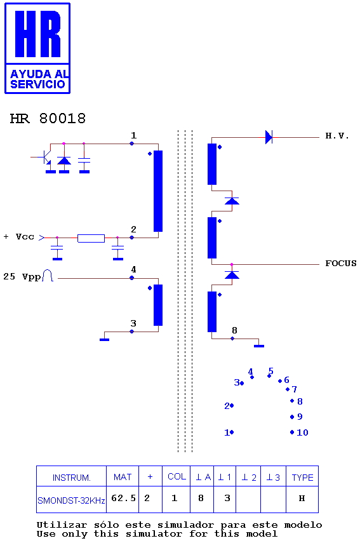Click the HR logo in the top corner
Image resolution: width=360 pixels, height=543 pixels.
click(x=37, y=48)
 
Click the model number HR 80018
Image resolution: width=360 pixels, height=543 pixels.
click(x=48, y=118)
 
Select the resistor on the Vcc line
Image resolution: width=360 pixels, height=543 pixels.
click(x=91, y=238)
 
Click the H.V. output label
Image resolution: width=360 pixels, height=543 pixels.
click(x=337, y=136)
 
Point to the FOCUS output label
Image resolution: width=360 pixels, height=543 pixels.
click(x=340, y=263)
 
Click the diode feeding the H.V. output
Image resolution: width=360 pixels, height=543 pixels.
click(x=269, y=137)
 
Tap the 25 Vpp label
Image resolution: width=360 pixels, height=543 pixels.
click(x=22, y=276)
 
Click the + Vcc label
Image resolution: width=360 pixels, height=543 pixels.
click(x=19, y=237)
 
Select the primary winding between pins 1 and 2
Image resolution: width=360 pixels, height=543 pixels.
click(x=158, y=191)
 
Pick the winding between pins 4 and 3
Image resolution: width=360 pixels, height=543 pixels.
click(x=158, y=305)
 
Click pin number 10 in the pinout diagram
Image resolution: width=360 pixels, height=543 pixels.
click(x=302, y=432)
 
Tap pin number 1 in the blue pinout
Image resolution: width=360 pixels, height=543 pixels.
click(x=227, y=432)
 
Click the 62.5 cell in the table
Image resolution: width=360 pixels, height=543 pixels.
click(x=123, y=499)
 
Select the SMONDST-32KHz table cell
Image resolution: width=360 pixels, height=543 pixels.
click(x=71, y=500)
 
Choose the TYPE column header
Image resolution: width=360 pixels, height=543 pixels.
click(x=302, y=478)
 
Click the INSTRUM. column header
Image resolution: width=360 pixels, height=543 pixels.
click(x=71, y=478)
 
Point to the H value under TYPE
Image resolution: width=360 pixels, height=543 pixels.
click(x=302, y=499)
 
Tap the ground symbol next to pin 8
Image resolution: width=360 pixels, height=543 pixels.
click(x=259, y=345)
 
